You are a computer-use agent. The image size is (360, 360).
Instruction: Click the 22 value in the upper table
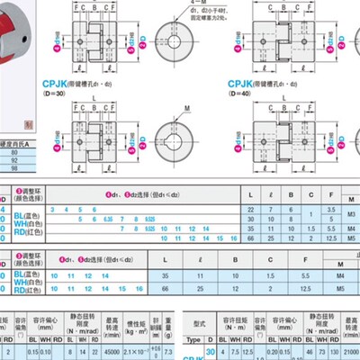(248, 208)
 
